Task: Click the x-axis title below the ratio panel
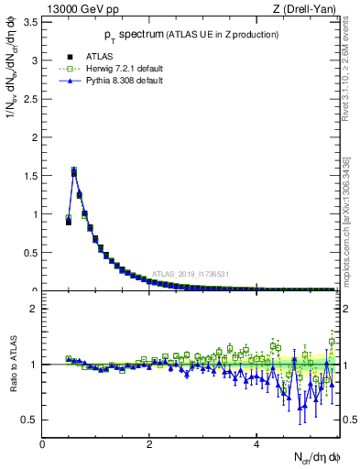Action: (314, 458)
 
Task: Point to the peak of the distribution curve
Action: (73, 170)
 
